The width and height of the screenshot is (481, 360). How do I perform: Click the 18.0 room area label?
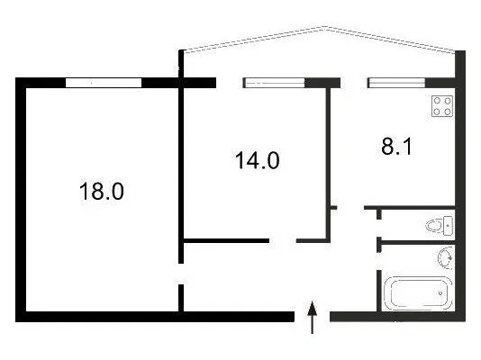(x=102, y=191)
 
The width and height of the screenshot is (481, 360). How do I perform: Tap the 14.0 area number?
(x=258, y=160)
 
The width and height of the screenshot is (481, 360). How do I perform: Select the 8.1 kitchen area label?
(x=396, y=146)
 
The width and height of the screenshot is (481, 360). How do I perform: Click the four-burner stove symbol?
(x=442, y=106)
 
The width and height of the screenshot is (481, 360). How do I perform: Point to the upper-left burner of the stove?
(x=437, y=101)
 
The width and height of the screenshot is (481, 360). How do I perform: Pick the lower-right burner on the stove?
(x=448, y=112)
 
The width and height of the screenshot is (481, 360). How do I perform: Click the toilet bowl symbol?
(x=434, y=226)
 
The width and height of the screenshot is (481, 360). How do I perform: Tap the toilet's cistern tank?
(x=449, y=226)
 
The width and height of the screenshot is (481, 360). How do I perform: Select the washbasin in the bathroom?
(x=446, y=257)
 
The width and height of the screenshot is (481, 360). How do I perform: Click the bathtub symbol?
(x=419, y=293)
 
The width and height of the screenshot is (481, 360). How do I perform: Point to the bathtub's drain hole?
(x=440, y=293)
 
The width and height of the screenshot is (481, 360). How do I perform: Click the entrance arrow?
(x=313, y=318)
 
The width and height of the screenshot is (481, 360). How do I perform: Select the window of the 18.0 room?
(x=104, y=83)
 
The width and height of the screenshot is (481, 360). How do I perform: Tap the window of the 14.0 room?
(x=274, y=83)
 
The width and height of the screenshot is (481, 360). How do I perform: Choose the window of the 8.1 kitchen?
(x=396, y=83)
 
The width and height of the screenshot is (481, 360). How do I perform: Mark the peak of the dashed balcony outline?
(x=325, y=27)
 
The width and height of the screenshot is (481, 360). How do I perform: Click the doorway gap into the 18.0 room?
(x=181, y=274)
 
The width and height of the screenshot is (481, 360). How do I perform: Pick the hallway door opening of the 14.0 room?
(x=283, y=241)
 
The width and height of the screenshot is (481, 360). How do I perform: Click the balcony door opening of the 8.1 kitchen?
(x=354, y=83)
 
